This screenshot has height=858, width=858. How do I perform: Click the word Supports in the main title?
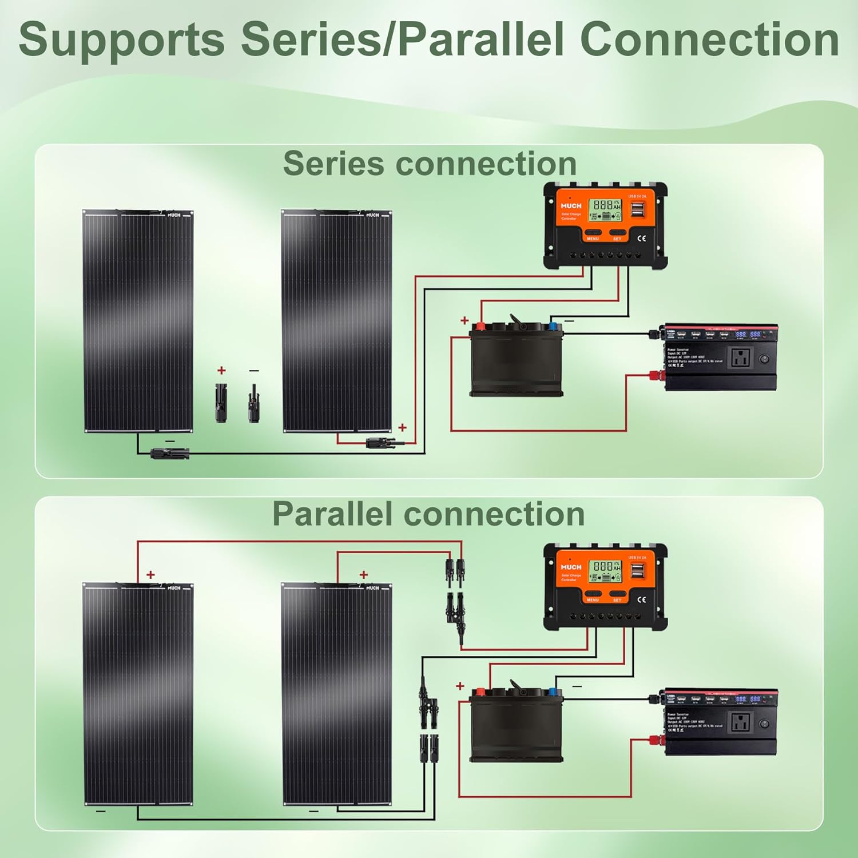[121, 40]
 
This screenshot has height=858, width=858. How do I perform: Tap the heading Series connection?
[430, 164]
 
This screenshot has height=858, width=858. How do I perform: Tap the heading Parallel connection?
[428, 514]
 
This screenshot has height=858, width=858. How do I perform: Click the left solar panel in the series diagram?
[138, 320]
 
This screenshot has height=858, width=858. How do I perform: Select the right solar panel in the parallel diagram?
[337, 693]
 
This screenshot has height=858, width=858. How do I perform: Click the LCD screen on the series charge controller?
[605, 210]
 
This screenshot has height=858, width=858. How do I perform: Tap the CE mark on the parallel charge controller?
[642, 599]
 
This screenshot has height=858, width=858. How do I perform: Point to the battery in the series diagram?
[516, 360]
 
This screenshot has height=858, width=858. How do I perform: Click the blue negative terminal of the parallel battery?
[553, 692]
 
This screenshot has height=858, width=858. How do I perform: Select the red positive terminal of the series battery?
[480, 327]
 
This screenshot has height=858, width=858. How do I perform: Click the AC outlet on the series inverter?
[741, 359]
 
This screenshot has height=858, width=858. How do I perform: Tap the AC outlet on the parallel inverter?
[741, 722]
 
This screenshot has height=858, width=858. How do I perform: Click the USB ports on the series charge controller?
[637, 210]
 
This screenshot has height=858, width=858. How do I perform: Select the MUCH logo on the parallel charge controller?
[571, 567]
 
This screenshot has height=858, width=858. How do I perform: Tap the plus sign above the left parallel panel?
[150, 575]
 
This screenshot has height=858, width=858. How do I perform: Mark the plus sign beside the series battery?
[464, 321]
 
